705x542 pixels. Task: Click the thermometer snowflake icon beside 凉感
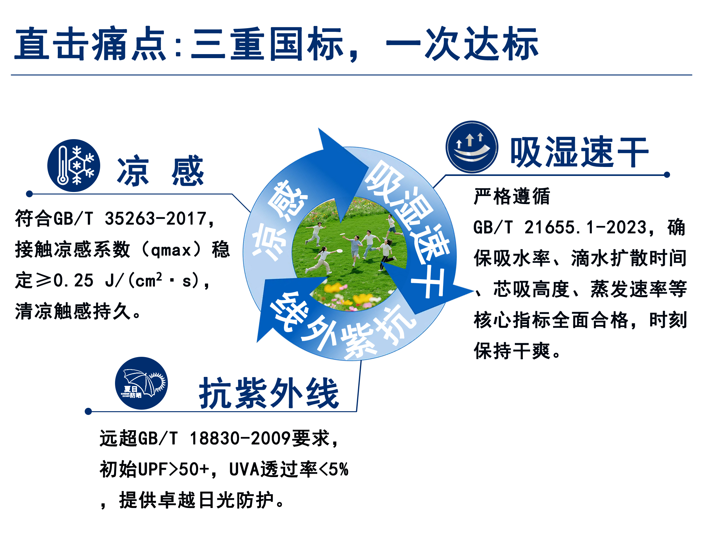pos(74,165)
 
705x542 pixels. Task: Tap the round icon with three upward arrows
pos(472,147)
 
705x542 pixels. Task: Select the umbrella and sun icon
pos(141,383)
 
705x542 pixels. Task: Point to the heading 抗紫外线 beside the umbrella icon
pos(269,393)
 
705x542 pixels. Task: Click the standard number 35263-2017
pos(155,219)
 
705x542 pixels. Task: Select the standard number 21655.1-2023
pos(585,227)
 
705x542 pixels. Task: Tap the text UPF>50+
pos(173,469)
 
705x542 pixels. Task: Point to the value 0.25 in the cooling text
pos(74,281)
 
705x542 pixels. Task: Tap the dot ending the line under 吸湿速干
pos(667,175)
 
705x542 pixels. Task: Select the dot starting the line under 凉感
pos(29,194)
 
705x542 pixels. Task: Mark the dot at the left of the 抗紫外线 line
pos(88,411)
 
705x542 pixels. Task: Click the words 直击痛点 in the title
pos(91,44)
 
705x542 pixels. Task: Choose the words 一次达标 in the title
pos(462,44)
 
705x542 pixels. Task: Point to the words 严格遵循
pos(512,196)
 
